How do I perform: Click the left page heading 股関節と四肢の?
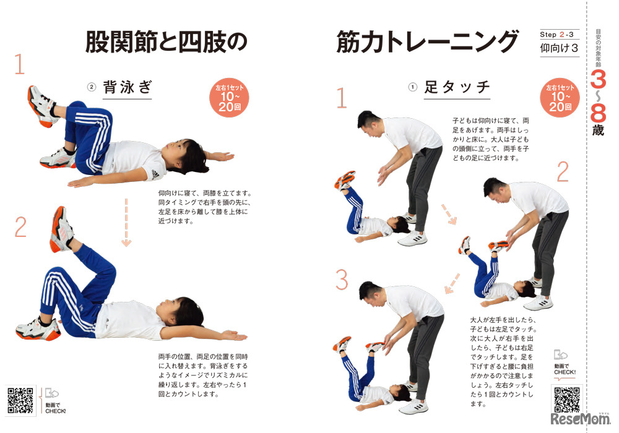[x=166, y=42]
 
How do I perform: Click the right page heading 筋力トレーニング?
[x=427, y=42]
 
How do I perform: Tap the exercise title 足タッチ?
[x=457, y=87]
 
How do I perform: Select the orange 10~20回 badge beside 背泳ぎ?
[x=230, y=97]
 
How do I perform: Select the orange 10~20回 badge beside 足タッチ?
[x=560, y=97]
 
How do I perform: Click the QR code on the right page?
[x=567, y=400]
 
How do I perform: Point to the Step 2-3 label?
[x=559, y=35]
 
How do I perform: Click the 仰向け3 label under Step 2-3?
[x=559, y=48]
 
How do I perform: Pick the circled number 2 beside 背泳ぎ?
[x=91, y=87]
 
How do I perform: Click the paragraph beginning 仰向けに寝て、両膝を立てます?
[x=204, y=207]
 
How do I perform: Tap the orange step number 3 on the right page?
[x=342, y=280]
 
